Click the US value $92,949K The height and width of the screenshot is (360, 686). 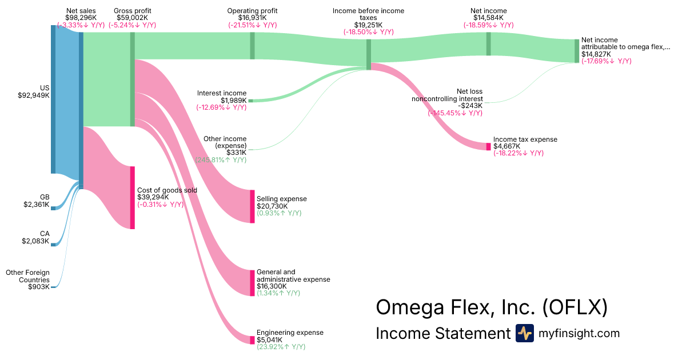pos(34,95)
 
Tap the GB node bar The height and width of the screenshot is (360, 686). pos(53,209)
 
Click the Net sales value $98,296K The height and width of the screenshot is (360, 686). pos(81,18)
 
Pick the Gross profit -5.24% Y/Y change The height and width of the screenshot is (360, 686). pos(132,25)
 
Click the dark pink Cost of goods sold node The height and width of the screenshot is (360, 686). pos(132,198)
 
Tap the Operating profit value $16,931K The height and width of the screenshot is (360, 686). pos(252,18)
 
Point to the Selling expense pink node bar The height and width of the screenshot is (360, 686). pos(252,206)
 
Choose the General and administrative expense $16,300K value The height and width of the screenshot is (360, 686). pos(272,286)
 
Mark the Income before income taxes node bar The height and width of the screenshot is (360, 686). pos(369,54)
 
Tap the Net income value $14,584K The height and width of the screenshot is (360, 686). pos(488,18)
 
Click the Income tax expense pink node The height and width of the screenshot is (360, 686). pos(488,146)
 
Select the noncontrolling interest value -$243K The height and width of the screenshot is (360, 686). pos(470,106)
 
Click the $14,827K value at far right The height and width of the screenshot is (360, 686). pos(597,54)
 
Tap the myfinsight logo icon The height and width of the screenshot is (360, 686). pos(524,333)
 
